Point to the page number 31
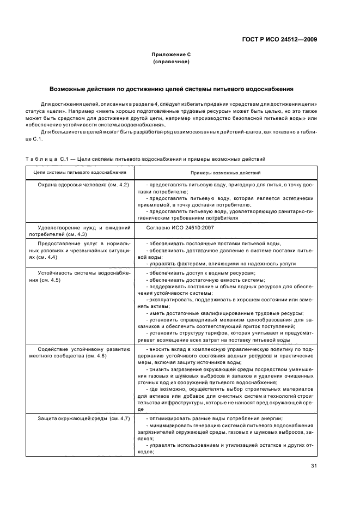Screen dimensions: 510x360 [314, 466]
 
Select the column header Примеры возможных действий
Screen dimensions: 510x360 [225, 172]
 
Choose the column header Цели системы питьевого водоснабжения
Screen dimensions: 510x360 [80, 172]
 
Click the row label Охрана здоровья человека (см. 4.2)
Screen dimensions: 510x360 [83, 185]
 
